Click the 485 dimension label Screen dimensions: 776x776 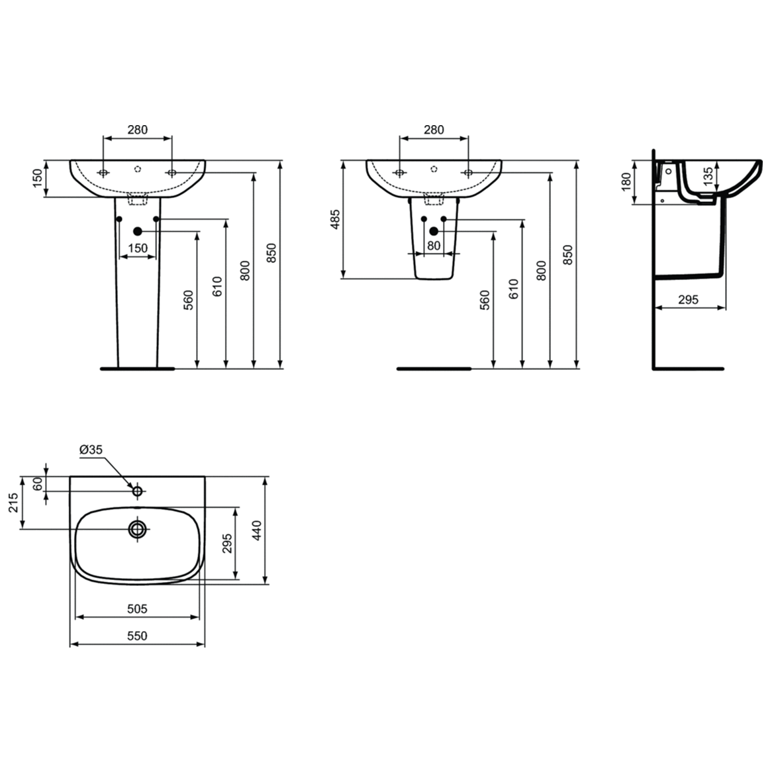pyautogui.click(x=335, y=219)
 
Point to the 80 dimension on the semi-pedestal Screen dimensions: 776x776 pyautogui.click(x=434, y=245)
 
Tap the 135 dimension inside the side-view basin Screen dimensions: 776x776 pyautogui.click(x=708, y=175)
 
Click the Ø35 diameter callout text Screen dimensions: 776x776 pyautogui.click(x=91, y=450)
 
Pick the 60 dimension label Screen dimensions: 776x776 pyautogui.click(x=38, y=484)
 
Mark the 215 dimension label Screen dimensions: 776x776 pyautogui.click(x=11, y=503)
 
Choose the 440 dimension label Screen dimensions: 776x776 pyautogui.click(x=257, y=531)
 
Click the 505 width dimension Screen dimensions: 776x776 pyautogui.click(x=137, y=608)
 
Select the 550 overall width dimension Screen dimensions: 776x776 pyautogui.click(x=137, y=636)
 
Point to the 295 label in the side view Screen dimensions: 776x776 pyautogui.click(x=689, y=299)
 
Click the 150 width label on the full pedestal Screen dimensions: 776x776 pyautogui.click(x=137, y=248)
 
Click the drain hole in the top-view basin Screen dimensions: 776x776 pyautogui.click(x=138, y=529)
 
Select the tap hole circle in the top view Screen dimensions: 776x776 pyautogui.click(x=138, y=491)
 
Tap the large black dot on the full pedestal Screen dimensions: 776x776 pyautogui.click(x=138, y=231)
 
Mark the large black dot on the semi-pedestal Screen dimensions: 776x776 pyautogui.click(x=434, y=231)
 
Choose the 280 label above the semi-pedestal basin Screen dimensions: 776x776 pyautogui.click(x=434, y=130)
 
